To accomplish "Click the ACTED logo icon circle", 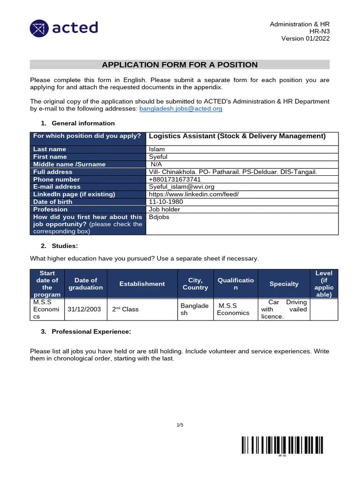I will pyautogui.click(x=39, y=28).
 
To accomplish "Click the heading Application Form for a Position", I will pyautogui.click(x=180, y=65).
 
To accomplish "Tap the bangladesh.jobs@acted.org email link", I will pyautogui.click(x=181, y=108).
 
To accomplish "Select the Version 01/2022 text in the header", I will pyautogui.click(x=305, y=38).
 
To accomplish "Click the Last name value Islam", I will pyautogui.click(x=157, y=149).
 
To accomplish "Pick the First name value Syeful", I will pyautogui.click(x=158, y=157).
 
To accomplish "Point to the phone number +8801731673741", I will pyautogui.click(x=175, y=179).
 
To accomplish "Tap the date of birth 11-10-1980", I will pyautogui.click(x=166, y=202).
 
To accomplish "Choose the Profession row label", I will pyautogui.click(x=50, y=209).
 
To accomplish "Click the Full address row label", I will pyautogui.click(x=53, y=172).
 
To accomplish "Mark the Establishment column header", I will pyautogui.click(x=142, y=284).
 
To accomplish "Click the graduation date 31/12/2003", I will pyautogui.click(x=84, y=309).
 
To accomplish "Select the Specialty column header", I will pyautogui.click(x=284, y=284).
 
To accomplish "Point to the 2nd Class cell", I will pyautogui.click(x=125, y=309).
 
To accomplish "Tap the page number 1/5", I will pyautogui.click(x=180, y=425).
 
